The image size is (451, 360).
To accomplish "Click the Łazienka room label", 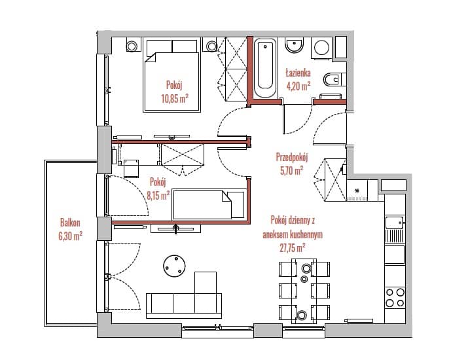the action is click(298, 73).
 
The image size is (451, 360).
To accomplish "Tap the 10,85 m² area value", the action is click(175, 99).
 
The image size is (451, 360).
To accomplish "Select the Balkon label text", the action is click(70, 223).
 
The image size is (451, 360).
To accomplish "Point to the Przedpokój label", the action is click(292, 158).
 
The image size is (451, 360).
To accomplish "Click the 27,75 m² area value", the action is click(293, 247).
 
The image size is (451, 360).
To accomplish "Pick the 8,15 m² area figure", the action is click(158, 196).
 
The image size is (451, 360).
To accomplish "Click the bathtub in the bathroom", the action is click(265, 68).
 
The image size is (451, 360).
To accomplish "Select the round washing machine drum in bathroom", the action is click(322, 48).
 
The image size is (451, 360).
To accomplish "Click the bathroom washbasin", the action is click(294, 45).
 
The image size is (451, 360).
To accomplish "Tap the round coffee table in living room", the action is click(174, 266).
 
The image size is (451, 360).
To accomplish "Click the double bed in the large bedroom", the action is click(171, 76).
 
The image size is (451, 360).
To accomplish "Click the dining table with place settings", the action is click(304, 291).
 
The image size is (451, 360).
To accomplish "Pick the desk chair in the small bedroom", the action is click(132, 169).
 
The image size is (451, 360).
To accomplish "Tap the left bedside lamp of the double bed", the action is click(132, 46).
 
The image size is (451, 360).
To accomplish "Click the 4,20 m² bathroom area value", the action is click(298, 86).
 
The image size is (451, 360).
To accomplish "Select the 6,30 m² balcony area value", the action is click(70, 236).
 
